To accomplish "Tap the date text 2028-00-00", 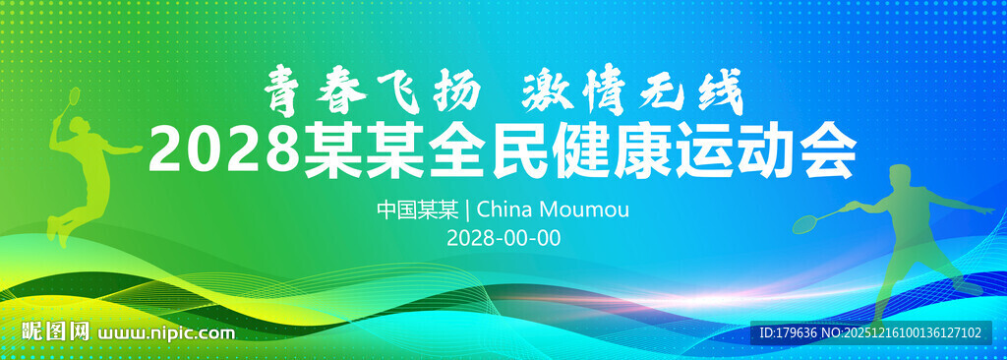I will (503, 238).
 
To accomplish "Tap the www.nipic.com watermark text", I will (167, 332).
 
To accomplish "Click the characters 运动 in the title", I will (719, 152).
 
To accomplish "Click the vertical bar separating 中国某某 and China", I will (467, 210).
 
